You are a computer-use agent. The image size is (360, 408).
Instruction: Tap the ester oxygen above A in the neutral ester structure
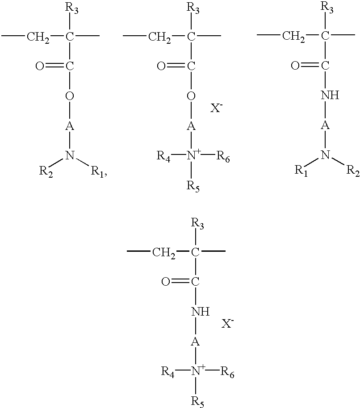(70, 96)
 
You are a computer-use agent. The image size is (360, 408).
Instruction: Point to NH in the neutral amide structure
(330, 95)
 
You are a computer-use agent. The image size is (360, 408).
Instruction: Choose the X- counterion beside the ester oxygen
(217, 108)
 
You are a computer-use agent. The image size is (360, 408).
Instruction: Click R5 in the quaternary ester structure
(193, 185)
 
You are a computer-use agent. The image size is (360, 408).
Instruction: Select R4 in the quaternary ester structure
(164, 156)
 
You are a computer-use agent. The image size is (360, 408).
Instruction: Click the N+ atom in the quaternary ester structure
(193, 155)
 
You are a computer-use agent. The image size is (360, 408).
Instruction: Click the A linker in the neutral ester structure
(70, 126)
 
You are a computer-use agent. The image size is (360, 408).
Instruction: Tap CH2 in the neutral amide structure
(294, 36)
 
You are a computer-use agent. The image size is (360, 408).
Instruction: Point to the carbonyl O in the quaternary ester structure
(161, 67)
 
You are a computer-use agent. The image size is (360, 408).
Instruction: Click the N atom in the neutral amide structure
(326, 155)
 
